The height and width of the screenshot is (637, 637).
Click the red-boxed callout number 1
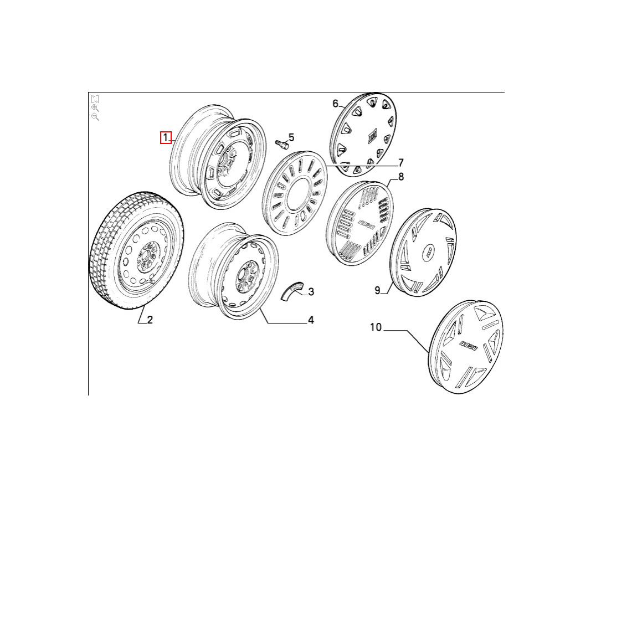point(166,138)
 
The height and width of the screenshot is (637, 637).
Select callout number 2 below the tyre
point(150,320)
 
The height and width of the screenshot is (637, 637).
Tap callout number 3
point(311,292)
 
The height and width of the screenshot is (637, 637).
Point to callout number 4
point(311,320)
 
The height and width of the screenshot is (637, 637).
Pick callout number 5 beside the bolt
point(291,138)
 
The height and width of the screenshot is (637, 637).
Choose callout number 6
point(335,104)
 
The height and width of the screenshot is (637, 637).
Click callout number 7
point(401,163)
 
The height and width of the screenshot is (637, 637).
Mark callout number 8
point(401,177)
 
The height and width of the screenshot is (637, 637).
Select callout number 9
point(377,290)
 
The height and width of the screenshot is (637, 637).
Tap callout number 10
point(376,327)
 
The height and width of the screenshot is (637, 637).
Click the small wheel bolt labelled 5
point(281,144)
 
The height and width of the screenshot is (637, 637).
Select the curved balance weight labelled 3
point(292,290)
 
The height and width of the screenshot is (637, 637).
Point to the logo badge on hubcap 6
point(372,136)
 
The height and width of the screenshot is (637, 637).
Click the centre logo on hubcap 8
point(366,225)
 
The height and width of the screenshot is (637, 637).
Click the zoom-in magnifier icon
point(95,108)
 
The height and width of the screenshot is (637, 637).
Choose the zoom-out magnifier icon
point(95,117)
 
